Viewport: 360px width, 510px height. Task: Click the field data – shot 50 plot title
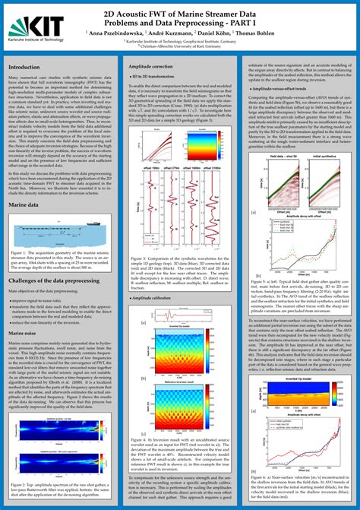coord(285,155)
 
